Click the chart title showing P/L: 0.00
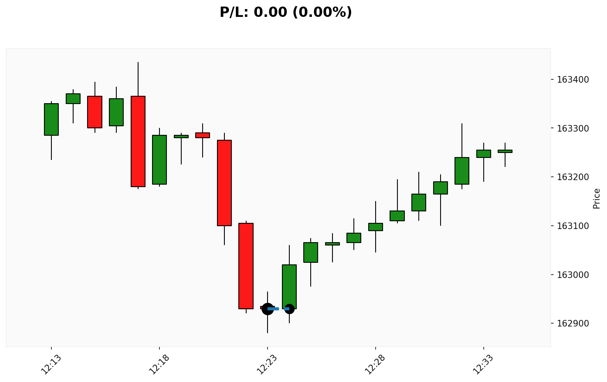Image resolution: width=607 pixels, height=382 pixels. click(286, 12)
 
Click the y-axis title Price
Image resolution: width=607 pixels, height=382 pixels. click(597, 199)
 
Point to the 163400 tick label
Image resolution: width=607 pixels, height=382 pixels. click(572, 79)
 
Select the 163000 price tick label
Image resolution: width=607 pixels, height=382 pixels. click(572, 275)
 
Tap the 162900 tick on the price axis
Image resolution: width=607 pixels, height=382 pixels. click(572, 324)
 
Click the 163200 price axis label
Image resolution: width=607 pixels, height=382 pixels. click(572, 177)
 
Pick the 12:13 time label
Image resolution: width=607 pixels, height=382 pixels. click(51, 364)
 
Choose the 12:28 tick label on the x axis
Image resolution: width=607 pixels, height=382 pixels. click(375, 364)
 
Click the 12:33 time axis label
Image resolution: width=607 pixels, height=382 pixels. click(483, 364)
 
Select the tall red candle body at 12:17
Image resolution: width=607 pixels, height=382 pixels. click(138, 141)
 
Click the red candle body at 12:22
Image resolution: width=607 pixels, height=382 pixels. click(246, 266)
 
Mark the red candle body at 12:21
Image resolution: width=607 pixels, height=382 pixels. click(224, 183)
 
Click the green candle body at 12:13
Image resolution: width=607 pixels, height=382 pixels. click(51, 119)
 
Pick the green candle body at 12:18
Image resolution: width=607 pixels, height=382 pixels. click(159, 160)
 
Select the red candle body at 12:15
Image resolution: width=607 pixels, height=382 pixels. click(95, 112)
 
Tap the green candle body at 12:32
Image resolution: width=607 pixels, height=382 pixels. click(462, 171)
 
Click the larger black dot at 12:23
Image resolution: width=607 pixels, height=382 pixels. click(268, 309)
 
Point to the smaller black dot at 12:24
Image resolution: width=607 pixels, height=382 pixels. click(289, 309)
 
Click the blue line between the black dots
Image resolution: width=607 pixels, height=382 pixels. click(278, 309)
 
